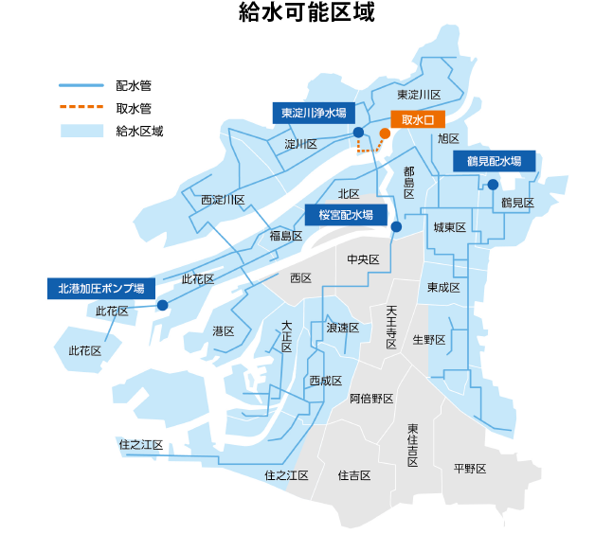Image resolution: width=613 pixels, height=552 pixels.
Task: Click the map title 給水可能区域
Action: click(x=306, y=14)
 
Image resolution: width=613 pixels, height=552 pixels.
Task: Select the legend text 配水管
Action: click(x=134, y=86)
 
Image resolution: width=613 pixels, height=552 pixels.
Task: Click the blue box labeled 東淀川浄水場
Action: click(x=315, y=112)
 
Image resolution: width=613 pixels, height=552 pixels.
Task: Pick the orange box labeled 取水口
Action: click(x=418, y=120)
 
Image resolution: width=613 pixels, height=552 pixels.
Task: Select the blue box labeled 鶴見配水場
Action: click(x=494, y=161)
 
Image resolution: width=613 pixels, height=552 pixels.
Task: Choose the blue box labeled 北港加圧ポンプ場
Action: click(x=100, y=288)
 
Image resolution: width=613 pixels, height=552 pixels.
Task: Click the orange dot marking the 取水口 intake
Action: click(x=385, y=134)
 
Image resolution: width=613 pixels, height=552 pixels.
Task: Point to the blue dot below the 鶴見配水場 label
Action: click(x=493, y=185)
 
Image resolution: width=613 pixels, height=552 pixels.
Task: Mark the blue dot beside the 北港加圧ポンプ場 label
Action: click(x=163, y=305)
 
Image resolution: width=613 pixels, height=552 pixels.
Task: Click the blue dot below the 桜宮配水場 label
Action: click(x=396, y=227)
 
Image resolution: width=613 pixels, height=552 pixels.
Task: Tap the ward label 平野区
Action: click(x=469, y=469)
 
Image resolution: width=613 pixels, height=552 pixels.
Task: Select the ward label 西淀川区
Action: click(x=223, y=200)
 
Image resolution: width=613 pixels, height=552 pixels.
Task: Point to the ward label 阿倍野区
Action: click(x=371, y=399)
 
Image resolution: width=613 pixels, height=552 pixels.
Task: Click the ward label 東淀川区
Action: click(x=419, y=95)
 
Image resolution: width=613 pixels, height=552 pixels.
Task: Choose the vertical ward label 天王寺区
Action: click(x=391, y=327)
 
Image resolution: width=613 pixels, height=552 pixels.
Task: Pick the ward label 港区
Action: click(x=224, y=330)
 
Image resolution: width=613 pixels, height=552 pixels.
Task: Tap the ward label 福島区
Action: click(x=285, y=236)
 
